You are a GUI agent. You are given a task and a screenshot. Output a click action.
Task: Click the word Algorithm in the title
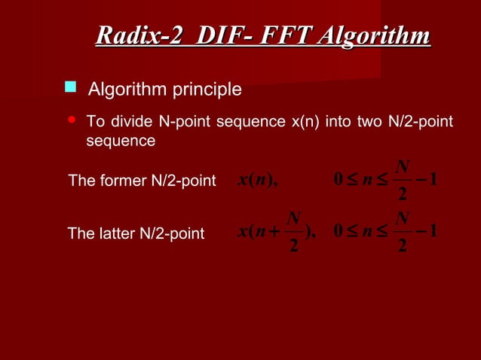pyautogui.click(x=375, y=36)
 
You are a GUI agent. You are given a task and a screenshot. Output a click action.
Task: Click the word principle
pyautogui.click(x=205, y=90)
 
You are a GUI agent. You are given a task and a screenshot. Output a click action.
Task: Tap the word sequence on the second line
pyautogui.click(x=121, y=141)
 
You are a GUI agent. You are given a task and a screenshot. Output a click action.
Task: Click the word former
pyautogui.click(x=121, y=182)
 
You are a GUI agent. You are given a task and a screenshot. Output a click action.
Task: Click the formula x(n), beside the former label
pyautogui.click(x=258, y=181)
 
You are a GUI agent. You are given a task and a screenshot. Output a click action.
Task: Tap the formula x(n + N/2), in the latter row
pyautogui.click(x=280, y=233)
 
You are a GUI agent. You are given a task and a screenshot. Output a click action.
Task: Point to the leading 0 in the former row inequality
pyautogui.click(x=339, y=181)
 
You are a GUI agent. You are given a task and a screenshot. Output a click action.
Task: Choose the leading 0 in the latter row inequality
pyautogui.click(x=339, y=233)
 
